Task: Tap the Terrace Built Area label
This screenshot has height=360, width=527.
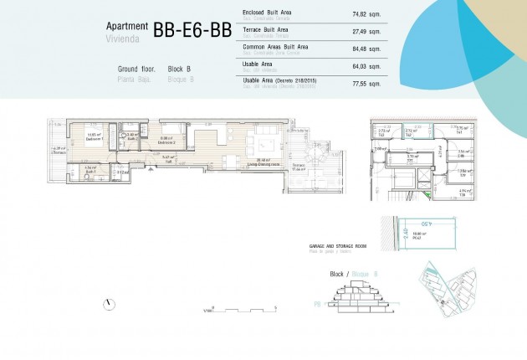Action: click(265, 29)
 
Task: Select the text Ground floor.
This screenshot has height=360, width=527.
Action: click(136, 68)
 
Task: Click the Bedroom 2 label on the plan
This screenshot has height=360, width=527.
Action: click(166, 141)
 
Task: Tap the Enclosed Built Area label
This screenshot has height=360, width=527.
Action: click(268, 13)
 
